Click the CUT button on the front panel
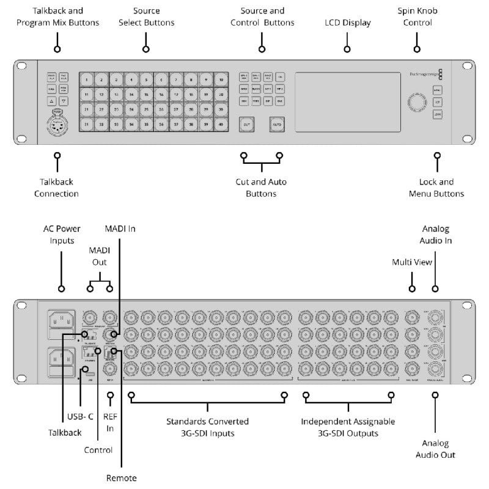(x=246, y=124)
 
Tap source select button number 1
(x=87, y=79)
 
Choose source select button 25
(x=146, y=109)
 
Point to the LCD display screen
(x=347, y=101)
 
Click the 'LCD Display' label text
(x=347, y=23)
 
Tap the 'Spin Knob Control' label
(x=417, y=17)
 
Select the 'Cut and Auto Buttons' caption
(x=261, y=188)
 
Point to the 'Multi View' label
(x=412, y=262)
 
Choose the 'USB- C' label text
(x=80, y=416)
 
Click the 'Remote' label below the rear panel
(x=122, y=477)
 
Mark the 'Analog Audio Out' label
(x=435, y=449)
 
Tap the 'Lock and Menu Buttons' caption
(x=436, y=188)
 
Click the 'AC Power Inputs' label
(x=62, y=235)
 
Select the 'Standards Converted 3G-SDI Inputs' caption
(x=208, y=427)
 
